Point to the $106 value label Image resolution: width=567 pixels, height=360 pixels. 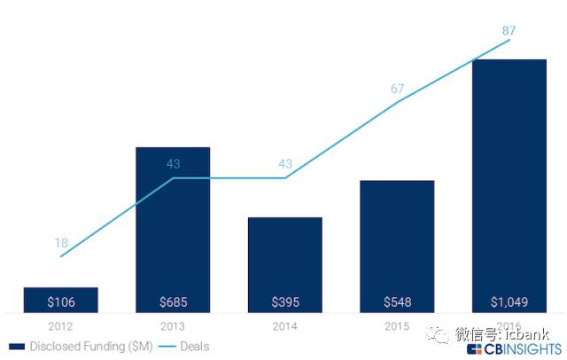tap(60, 302)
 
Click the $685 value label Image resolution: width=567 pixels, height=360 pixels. tap(173, 302)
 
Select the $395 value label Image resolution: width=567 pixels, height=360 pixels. tap(284, 302)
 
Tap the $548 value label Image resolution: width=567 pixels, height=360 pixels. tap(397, 302)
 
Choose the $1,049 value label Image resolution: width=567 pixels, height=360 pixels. tap(509, 302)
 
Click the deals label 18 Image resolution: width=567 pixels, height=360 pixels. tap(60, 242)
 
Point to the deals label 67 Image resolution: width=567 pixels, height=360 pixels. tap(397, 89)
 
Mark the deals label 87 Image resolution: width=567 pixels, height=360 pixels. tap(509, 31)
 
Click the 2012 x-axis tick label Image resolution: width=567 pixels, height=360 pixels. tap(60, 325)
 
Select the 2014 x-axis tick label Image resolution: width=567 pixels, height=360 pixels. tap(284, 325)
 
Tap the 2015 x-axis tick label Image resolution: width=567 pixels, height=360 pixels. tap(397, 325)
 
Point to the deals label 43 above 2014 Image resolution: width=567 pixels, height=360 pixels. tap(284, 164)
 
